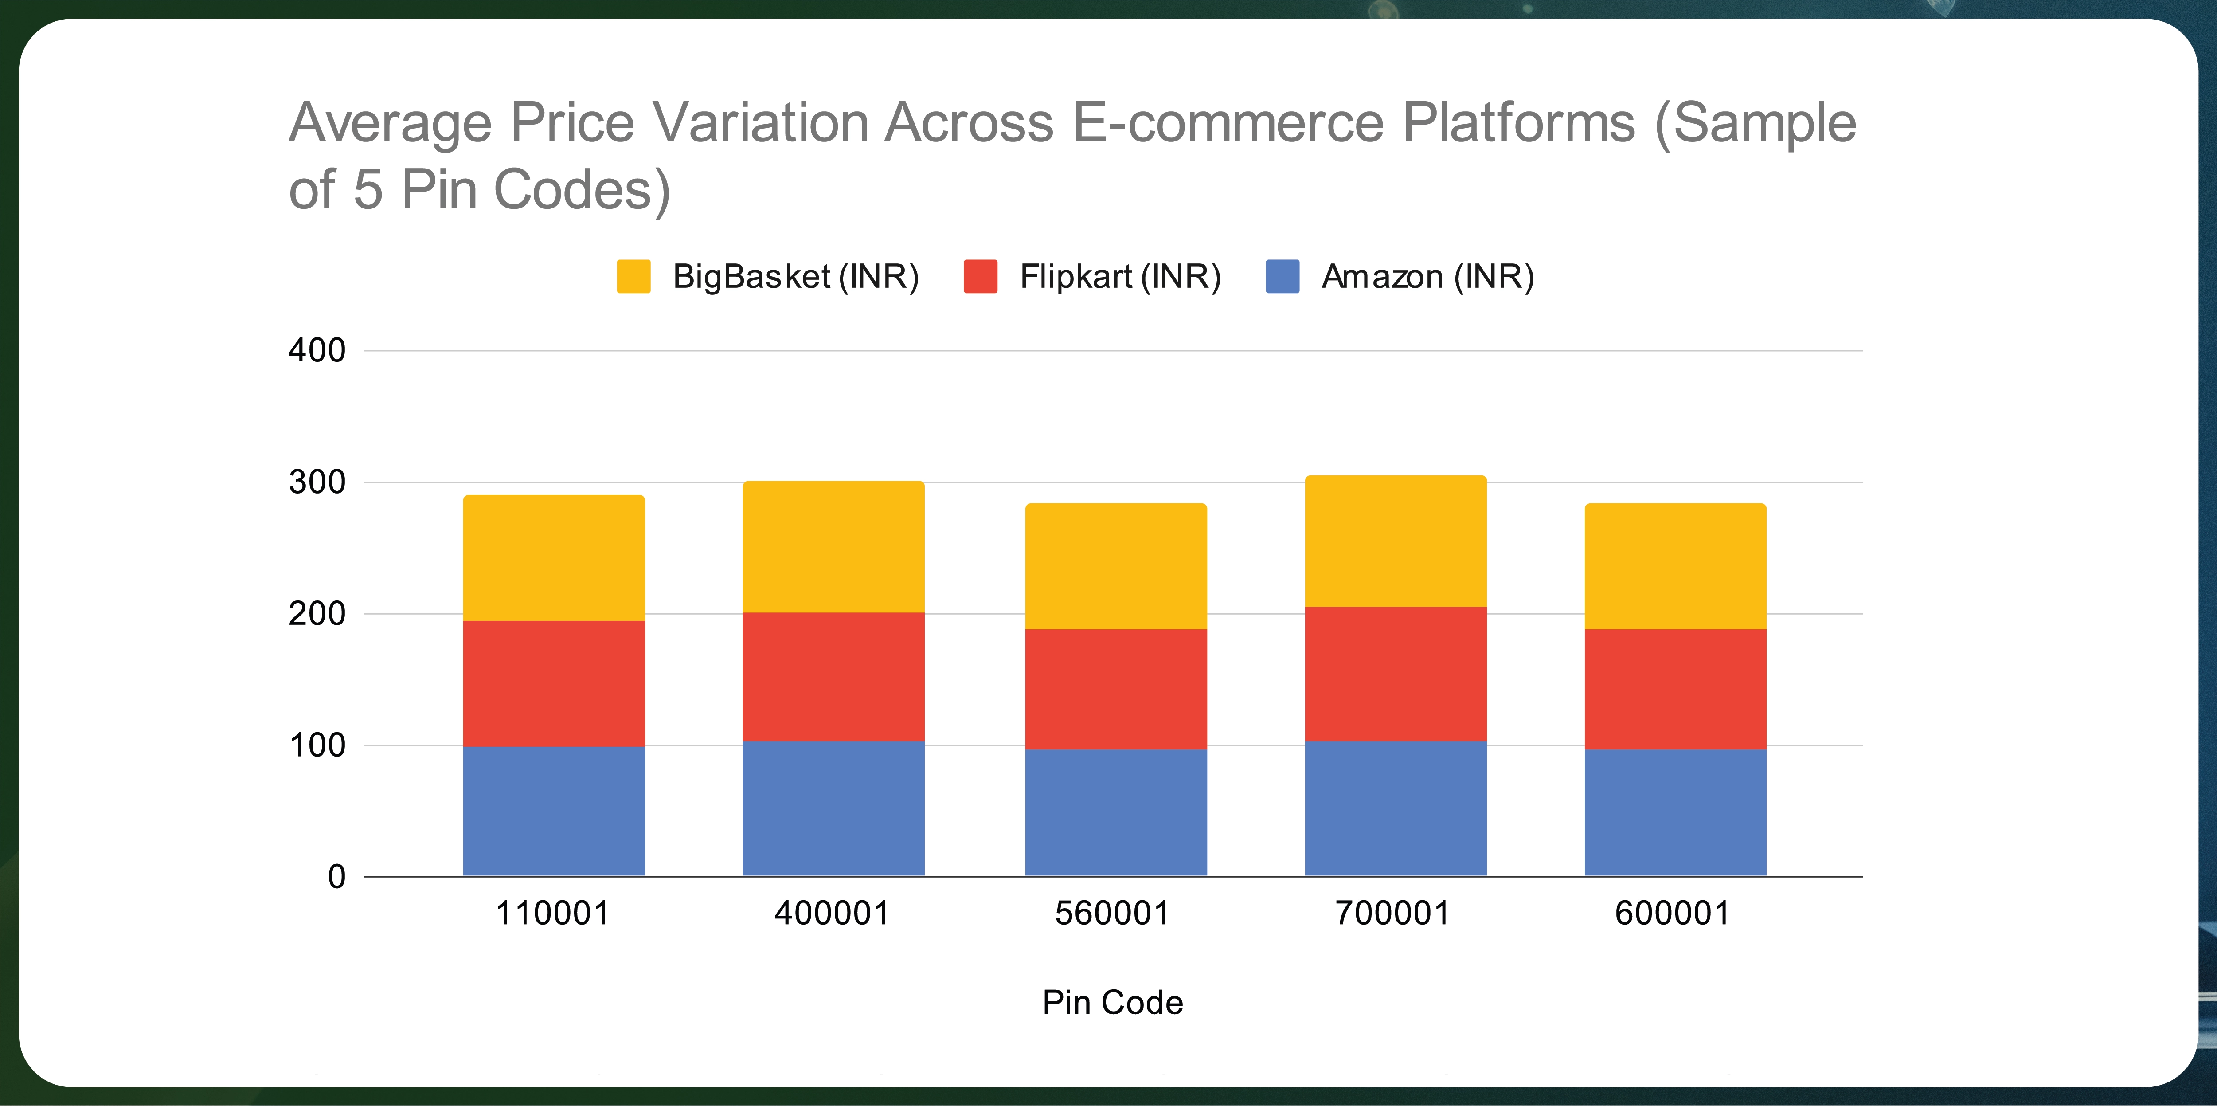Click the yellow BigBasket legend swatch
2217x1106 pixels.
(x=633, y=276)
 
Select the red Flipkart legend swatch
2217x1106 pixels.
(x=980, y=276)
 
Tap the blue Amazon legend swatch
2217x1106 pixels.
(x=1282, y=276)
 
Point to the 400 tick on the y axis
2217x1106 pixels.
(x=317, y=350)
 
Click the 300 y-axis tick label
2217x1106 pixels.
(x=317, y=482)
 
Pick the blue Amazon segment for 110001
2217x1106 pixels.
(x=553, y=811)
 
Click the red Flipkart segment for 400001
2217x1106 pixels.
(x=833, y=677)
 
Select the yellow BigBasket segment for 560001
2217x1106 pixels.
(x=1115, y=566)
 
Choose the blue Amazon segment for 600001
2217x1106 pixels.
(x=1675, y=812)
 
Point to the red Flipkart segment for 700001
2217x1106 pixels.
(x=1395, y=674)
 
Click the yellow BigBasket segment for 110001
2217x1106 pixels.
(x=553, y=558)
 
